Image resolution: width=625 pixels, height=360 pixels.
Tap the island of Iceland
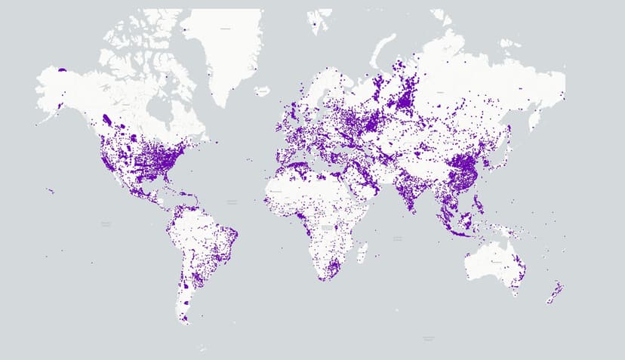(261, 91)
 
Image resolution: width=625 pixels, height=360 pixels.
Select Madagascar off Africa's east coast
(362, 250)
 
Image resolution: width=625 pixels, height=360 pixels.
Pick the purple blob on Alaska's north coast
(62, 70)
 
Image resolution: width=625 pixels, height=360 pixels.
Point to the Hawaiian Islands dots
(50, 190)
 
